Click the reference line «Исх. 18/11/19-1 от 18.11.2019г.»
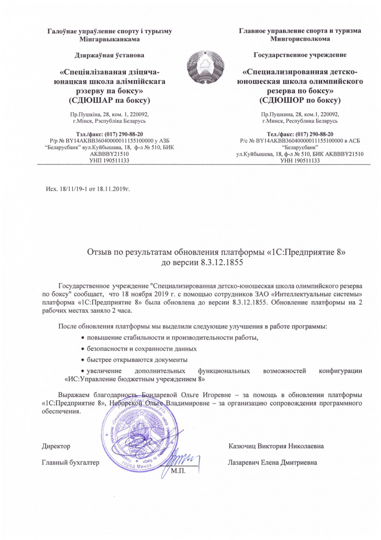coord(86,188)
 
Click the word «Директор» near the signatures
coord(56,446)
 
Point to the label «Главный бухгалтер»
coord(71,463)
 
